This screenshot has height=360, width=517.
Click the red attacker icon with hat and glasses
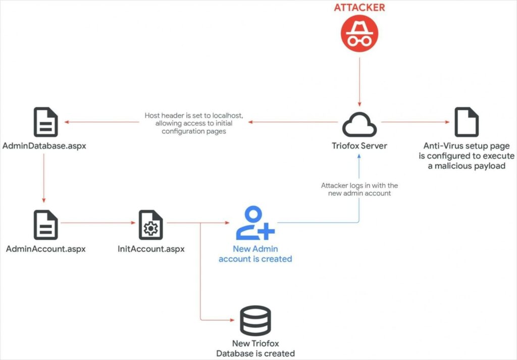pos(359,33)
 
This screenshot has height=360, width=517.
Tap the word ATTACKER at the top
pos(359,8)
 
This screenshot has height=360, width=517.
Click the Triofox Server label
pos(359,146)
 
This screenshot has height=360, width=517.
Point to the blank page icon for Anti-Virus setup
pos(466,122)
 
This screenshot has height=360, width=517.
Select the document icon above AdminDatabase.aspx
pos(46,122)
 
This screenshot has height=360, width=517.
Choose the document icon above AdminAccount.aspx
pos(46,225)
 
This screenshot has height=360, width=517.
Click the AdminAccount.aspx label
pos(46,249)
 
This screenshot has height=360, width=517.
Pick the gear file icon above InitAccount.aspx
pos(150,225)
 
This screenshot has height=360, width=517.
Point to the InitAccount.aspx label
pos(151,249)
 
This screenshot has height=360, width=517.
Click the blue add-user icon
pos(255,223)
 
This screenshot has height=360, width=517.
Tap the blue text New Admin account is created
pos(255,254)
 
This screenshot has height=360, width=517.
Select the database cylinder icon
pos(255,321)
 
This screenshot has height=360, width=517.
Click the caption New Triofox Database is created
pos(255,348)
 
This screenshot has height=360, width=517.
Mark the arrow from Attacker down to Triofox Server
pos(359,81)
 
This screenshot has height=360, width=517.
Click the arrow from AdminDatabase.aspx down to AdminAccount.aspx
pos(44,177)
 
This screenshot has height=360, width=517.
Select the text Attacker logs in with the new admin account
pos(359,189)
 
